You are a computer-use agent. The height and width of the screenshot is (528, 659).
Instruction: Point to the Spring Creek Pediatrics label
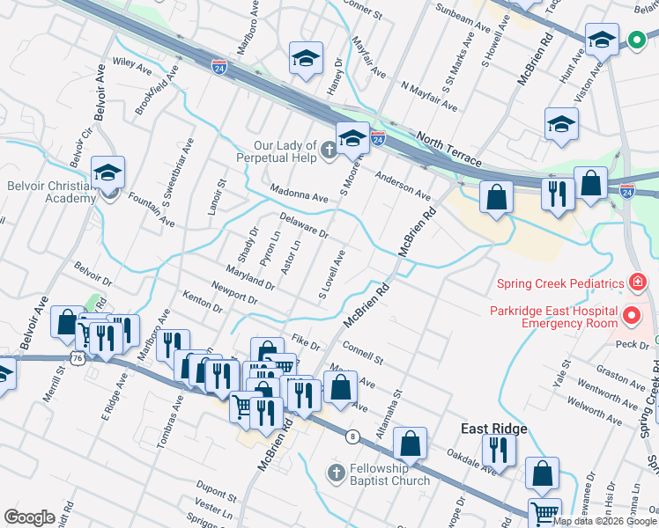559,283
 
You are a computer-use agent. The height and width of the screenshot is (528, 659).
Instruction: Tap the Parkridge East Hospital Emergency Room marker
631,315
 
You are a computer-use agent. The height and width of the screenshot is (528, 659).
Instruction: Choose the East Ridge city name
494,429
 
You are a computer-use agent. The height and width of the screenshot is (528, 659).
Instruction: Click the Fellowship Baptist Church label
389,474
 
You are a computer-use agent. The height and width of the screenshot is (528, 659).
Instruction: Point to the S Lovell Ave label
331,274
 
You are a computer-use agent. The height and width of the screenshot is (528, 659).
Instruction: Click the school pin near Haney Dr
305,60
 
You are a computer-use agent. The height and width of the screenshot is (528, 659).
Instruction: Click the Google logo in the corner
30,517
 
